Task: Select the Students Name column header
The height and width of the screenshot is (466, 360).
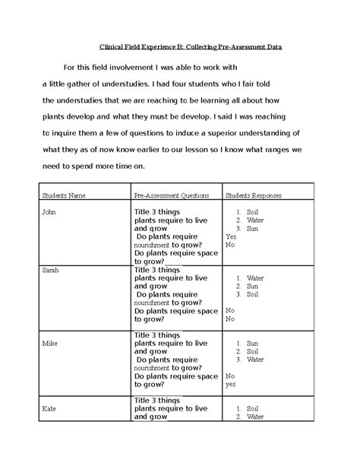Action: tap(65, 195)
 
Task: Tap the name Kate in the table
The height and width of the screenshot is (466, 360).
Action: tap(49, 408)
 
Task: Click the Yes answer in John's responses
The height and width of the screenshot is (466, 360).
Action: tap(231, 236)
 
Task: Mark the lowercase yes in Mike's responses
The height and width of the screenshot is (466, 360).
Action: tap(231, 385)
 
